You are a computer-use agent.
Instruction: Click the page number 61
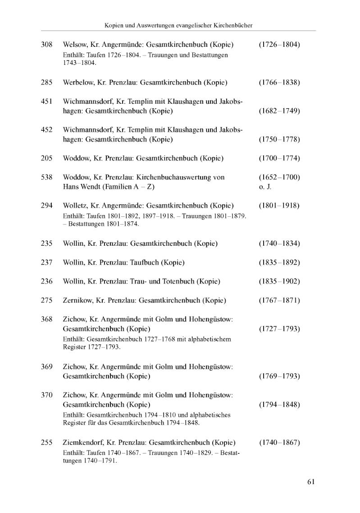click(311, 481)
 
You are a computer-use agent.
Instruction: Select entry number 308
click(47, 45)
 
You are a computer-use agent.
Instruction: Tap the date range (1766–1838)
click(279, 83)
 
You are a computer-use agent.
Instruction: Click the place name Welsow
click(75, 45)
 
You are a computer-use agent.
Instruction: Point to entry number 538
click(47, 178)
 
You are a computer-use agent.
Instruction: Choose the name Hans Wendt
click(82, 187)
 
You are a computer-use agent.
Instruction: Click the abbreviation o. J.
click(264, 187)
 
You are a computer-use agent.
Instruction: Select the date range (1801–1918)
click(279, 206)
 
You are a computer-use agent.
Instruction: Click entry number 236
click(47, 281)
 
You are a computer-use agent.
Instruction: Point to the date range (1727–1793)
click(279, 329)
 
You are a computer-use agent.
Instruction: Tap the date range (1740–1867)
click(279, 443)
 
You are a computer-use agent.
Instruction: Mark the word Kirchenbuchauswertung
click(175, 178)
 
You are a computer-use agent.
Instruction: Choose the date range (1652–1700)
click(279, 178)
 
